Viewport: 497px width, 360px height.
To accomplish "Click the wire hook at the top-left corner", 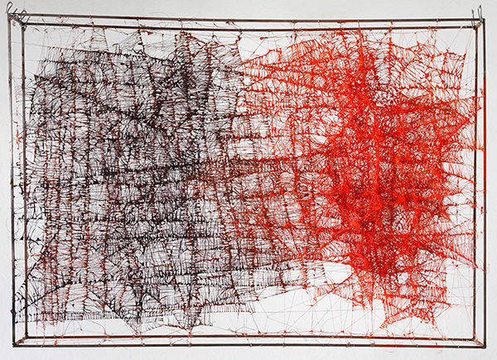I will tap(17, 14).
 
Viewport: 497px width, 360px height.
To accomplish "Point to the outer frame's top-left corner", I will tap(10, 19).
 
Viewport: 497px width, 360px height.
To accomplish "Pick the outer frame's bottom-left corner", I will tap(11, 345).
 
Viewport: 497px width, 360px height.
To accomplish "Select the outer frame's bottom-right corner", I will tap(485, 344).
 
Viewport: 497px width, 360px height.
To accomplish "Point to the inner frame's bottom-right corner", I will tap(474, 336).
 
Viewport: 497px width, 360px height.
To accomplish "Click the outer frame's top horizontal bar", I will tap(248, 19).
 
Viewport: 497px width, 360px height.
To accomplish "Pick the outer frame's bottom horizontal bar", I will tap(248, 345).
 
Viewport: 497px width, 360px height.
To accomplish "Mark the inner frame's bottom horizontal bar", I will tap(248, 335).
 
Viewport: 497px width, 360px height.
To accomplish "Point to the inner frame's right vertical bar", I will tap(474, 207).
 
